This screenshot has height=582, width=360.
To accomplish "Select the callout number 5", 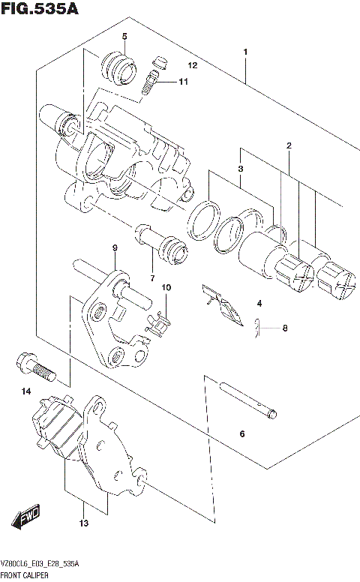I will [124, 37].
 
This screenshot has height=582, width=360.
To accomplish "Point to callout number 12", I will [193, 66].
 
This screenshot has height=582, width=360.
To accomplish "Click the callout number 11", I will [182, 82].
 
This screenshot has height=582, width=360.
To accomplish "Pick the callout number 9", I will [115, 248].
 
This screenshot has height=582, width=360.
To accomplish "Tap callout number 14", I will [26, 391].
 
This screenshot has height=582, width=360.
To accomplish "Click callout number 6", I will [241, 434].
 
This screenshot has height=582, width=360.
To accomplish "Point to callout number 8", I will [284, 328].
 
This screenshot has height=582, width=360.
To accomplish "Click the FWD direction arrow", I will [25, 518].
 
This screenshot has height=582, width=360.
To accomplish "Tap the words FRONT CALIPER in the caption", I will [27, 574].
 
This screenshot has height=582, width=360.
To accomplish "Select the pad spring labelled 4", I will [223, 304].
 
